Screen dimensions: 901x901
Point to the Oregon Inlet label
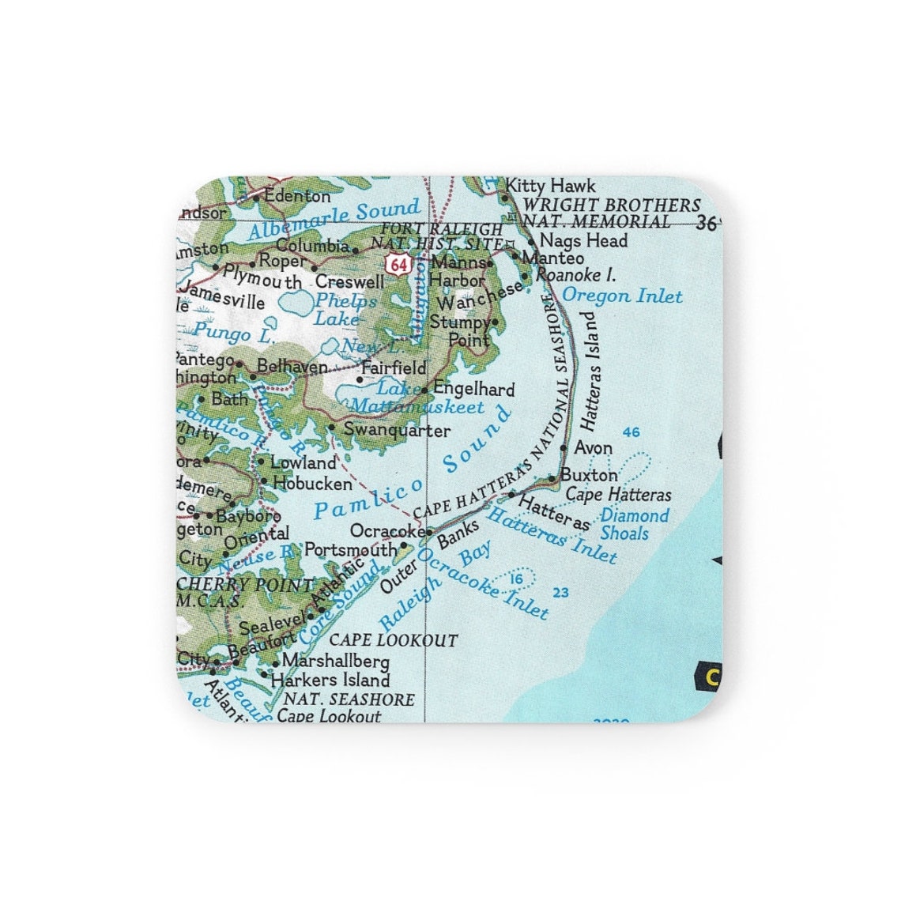(x=621, y=296)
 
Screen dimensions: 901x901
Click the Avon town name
(x=593, y=447)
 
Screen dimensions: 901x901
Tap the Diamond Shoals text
(x=635, y=524)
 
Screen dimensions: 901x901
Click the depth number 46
(x=631, y=432)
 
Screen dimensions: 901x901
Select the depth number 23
(x=561, y=593)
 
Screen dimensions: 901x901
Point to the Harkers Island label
(x=330, y=680)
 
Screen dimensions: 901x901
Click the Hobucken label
(x=311, y=482)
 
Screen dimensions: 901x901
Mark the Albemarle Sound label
(x=334, y=220)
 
